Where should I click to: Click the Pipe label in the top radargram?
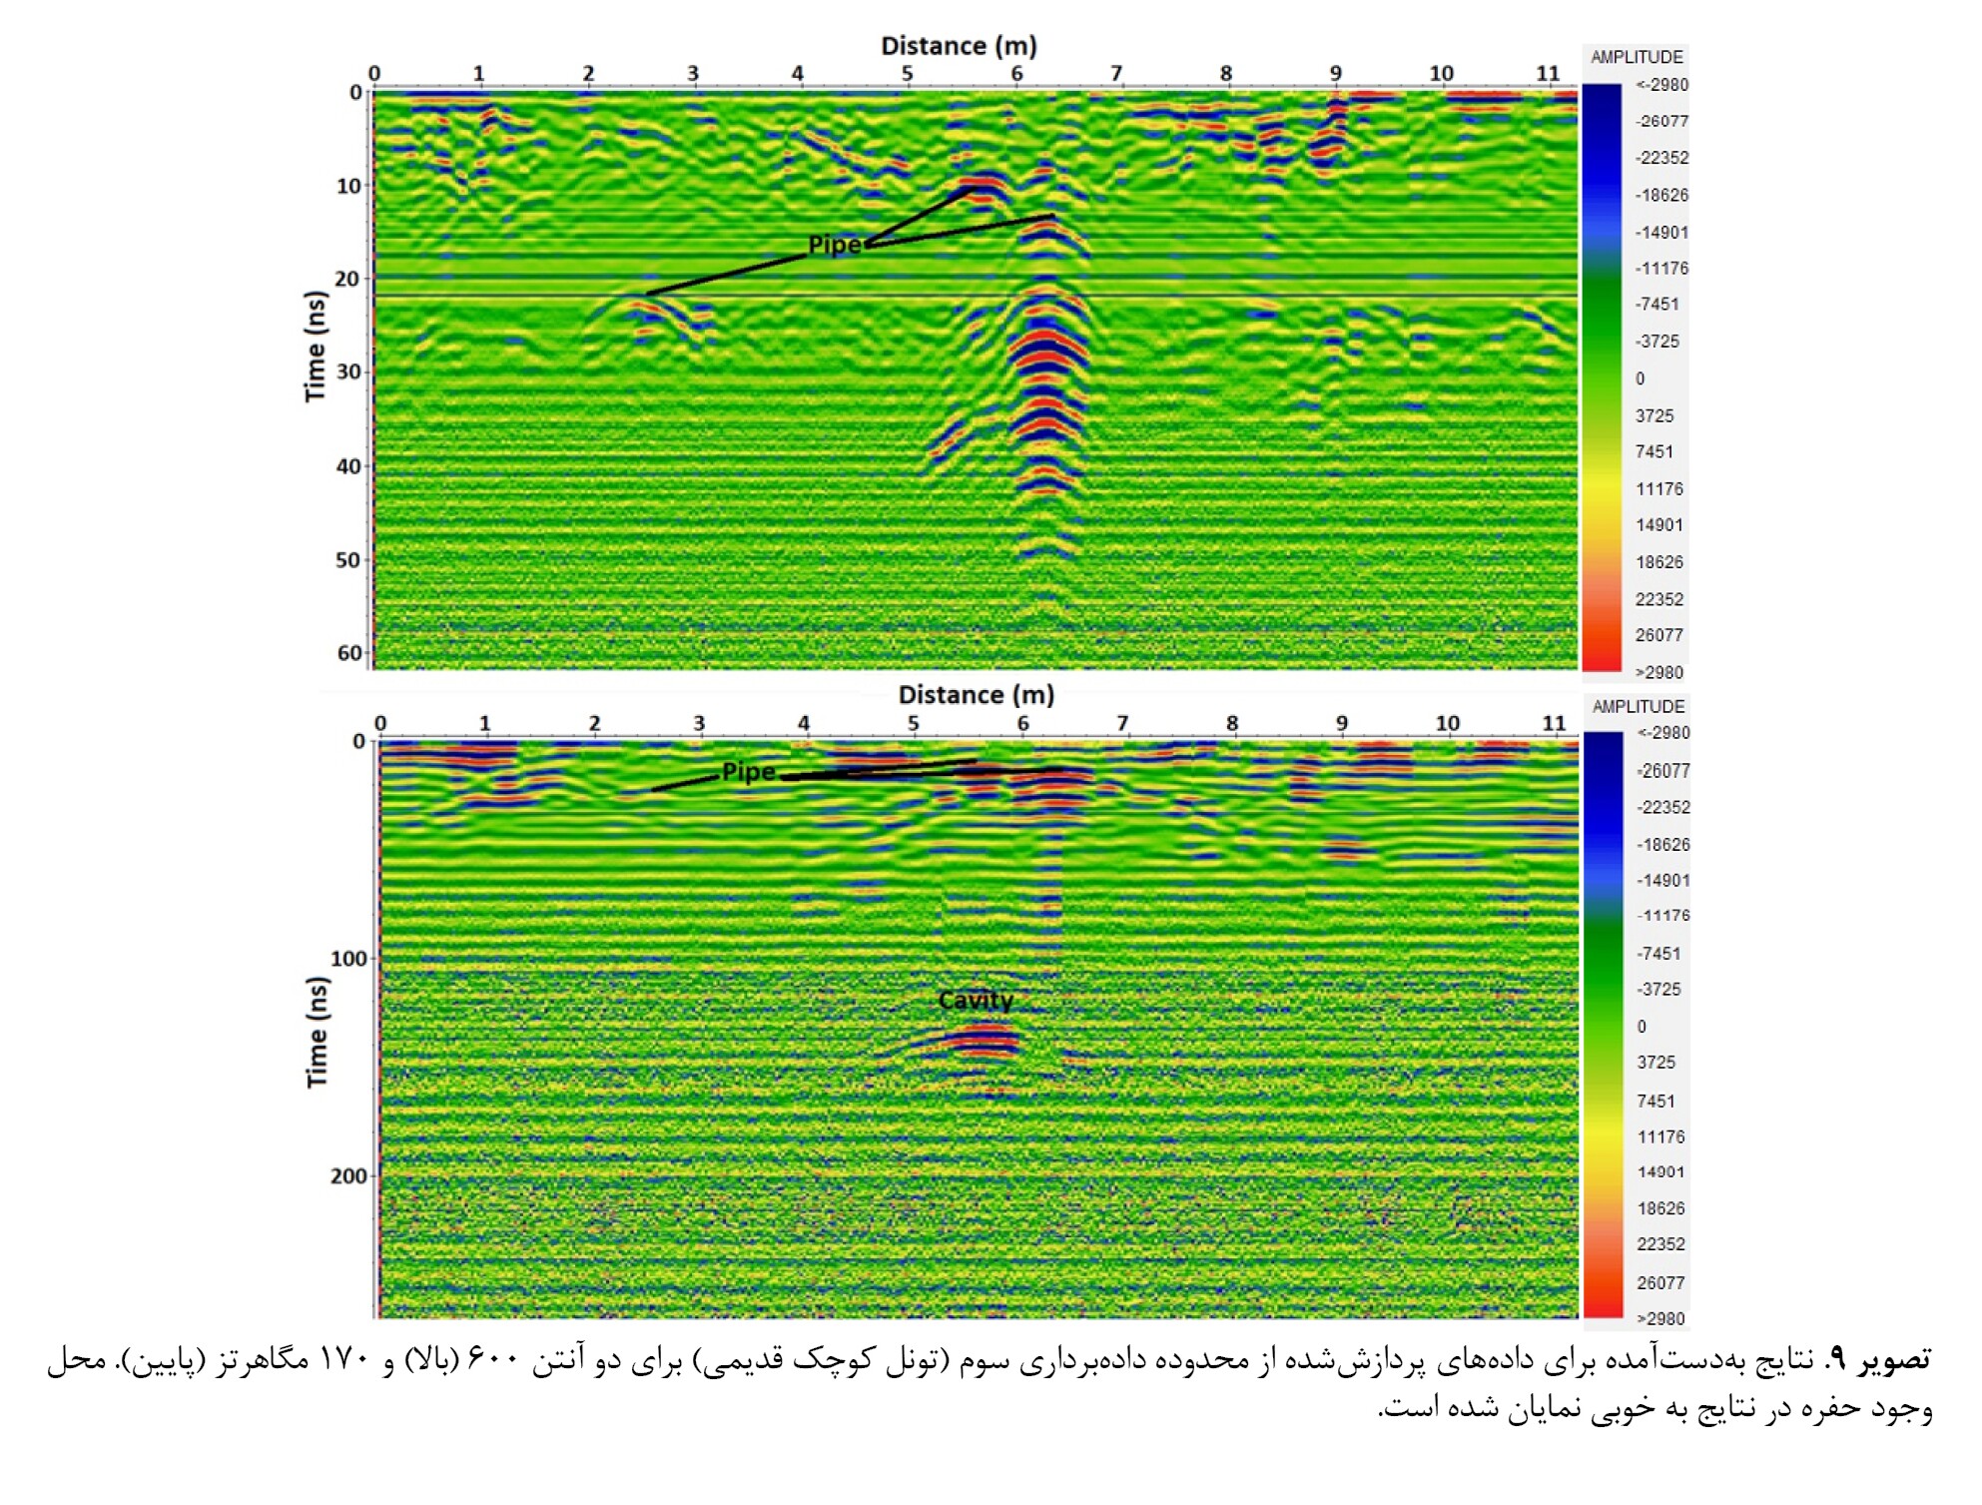(x=834, y=245)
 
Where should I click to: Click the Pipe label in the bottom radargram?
(x=748, y=772)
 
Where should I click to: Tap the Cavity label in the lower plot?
(x=976, y=1001)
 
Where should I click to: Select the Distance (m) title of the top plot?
(x=959, y=46)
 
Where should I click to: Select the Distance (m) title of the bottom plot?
(x=976, y=695)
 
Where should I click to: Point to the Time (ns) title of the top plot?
(x=316, y=347)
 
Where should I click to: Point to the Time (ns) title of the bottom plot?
(x=317, y=1032)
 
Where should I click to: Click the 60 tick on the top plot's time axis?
(x=349, y=653)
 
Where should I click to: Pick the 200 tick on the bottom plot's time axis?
(x=348, y=1176)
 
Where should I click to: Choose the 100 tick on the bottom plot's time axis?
(x=348, y=959)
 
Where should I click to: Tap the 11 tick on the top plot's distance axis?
(x=1548, y=74)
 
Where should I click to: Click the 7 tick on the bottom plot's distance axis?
(x=1122, y=723)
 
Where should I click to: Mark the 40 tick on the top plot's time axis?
(x=348, y=466)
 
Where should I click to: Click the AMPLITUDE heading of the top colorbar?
(x=1637, y=57)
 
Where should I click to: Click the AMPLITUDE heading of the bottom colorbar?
(x=1638, y=706)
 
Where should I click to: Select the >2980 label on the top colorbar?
(x=1659, y=672)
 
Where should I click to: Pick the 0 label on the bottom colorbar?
(x=1642, y=1026)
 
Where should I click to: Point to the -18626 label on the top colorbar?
(x=1660, y=195)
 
